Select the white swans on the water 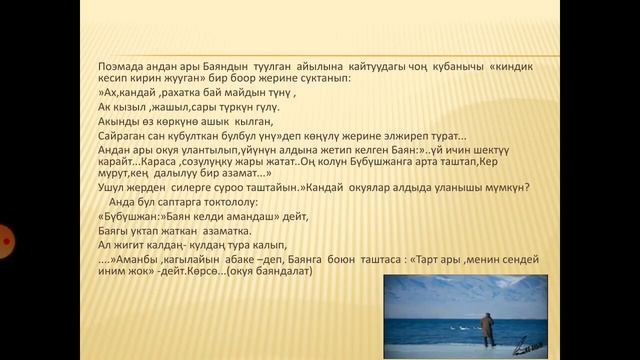[x=430, y=326]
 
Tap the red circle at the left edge [x=3, y=241]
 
